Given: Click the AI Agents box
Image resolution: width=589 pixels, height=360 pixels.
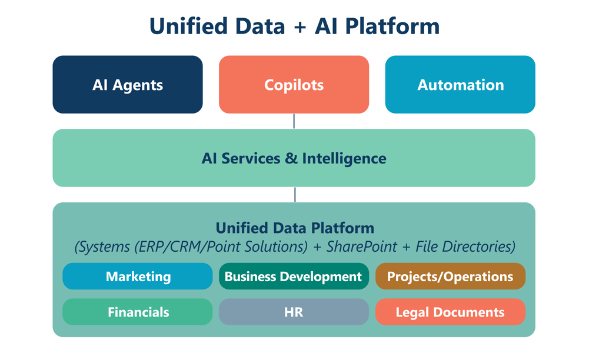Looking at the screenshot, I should (x=128, y=85).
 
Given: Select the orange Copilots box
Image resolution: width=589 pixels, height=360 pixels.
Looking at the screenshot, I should (x=294, y=85).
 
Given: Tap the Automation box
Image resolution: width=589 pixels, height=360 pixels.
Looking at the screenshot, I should (x=460, y=85).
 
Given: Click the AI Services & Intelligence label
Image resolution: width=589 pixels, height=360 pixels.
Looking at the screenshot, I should (x=294, y=158).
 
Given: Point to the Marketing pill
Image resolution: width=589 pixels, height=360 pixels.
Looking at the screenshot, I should (x=138, y=276).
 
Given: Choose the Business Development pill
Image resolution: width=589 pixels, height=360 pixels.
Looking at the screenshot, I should (x=294, y=276).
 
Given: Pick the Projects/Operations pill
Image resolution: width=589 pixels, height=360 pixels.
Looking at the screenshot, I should (x=450, y=276).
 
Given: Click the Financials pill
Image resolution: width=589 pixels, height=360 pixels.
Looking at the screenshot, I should (x=138, y=312).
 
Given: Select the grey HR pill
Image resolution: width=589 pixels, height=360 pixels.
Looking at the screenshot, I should (x=294, y=312).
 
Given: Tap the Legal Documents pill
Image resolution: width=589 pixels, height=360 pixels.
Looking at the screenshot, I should (x=450, y=312).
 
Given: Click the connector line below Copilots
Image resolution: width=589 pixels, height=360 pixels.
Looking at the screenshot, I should (x=294, y=121).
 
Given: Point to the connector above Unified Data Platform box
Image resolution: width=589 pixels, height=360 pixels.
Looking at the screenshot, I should (x=295, y=195).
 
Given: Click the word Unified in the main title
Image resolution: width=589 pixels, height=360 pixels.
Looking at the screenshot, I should (x=187, y=26).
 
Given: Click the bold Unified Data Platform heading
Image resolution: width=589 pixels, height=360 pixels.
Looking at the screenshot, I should (x=295, y=228).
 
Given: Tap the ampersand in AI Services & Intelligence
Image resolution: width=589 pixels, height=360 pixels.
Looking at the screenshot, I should (x=293, y=158).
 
